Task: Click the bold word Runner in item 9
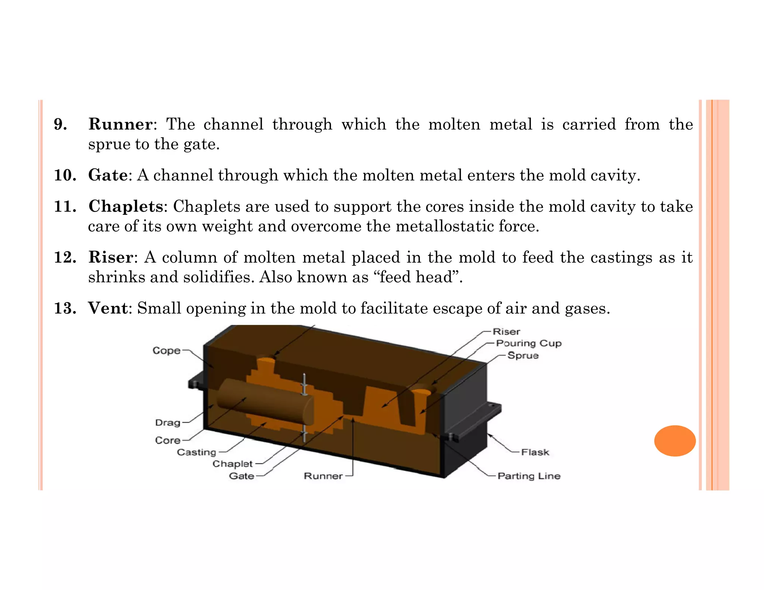pyautogui.click(x=120, y=124)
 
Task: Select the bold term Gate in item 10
pyautogui.click(x=108, y=175)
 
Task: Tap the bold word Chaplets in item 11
pyautogui.click(x=125, y=206)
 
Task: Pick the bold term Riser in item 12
pyautogui.click(x=111, y=257)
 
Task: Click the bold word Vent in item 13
pyautogui.click(x=108, y=308)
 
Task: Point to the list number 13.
pyautogui.click(x=65, y=308)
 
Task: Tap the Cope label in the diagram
pyautogui.click(x=166, y=351)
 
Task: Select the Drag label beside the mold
pyautogui.click(x=167, y=423)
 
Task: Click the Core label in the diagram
pyautogui.click(x=167, y=440)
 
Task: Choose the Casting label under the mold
pyautogui.click(x=196, y=452)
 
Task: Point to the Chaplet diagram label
pyautogui.click(x=232, y=464)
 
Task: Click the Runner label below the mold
pyautogui.click(x=323, y=476)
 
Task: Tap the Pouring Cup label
pyautogui.click(x=529, y=343)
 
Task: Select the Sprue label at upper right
pyautogui.click(x=523, y=355)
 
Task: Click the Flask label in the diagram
pyautogui.click(x=535, y=452)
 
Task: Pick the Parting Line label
pyautogui.click(x=529, y=476)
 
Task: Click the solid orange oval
pyautogui.click(x=675, y=440)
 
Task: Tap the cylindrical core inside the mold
pyautogui.click(x=265, y=401)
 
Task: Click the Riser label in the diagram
pyautogui.click(x=506, y=332)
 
